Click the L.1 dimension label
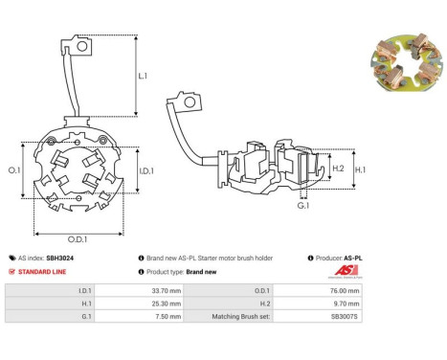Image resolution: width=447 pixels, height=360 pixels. tap(143, 76)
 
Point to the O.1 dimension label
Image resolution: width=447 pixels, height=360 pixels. tap(14, 170)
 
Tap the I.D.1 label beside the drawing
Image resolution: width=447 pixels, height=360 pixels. tap(146, 171)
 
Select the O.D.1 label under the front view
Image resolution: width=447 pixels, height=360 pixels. tap(78, 239)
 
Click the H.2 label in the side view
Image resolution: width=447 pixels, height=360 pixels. tap(338, 169)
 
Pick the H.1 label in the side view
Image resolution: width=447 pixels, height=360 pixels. tap(360, 169)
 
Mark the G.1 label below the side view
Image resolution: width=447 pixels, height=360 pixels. tap(303, 206)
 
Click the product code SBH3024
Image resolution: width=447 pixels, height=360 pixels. tap(59, 258)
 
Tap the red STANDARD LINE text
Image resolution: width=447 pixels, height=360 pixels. tap(42, 272)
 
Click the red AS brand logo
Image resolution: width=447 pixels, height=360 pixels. tap(346, 271)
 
